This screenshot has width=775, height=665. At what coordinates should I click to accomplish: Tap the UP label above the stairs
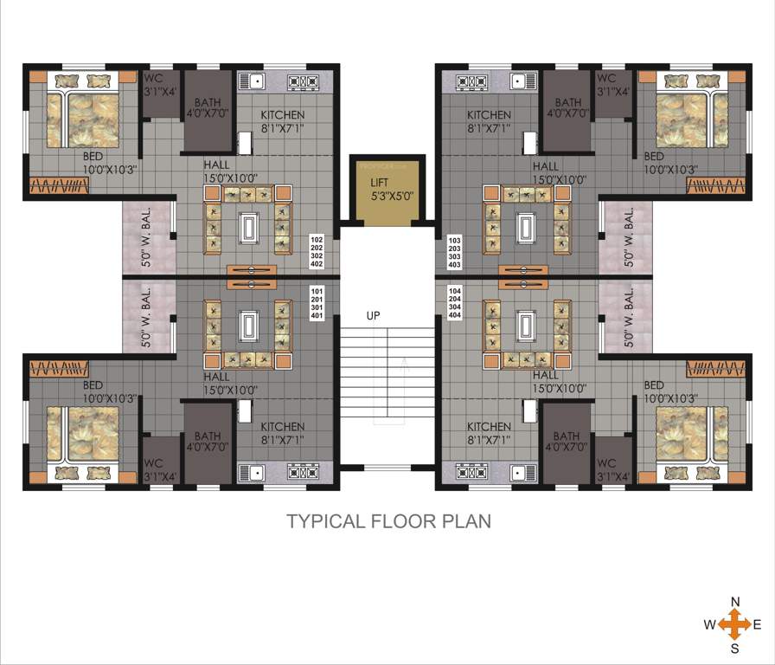pos(374,316)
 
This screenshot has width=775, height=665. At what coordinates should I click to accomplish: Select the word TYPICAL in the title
pos(325,521)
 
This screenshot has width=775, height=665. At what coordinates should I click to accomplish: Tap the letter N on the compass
pos(735,602)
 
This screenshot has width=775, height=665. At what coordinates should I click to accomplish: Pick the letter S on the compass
pos(735,647)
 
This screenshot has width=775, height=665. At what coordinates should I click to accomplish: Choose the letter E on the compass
pos(757,624)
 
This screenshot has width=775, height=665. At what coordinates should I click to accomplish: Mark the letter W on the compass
pos(709,624)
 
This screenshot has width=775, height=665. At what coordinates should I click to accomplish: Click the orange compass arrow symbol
pos(734,624)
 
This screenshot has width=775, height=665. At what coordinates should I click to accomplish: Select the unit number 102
pos(317,239)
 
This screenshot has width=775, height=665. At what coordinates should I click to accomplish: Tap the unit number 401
pos(317,315)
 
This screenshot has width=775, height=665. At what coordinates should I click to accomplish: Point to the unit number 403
pos(455,266)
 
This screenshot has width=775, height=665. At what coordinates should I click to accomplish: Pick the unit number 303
pos(455,257)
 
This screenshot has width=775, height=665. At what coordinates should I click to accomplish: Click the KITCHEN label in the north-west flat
pos(283,115)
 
